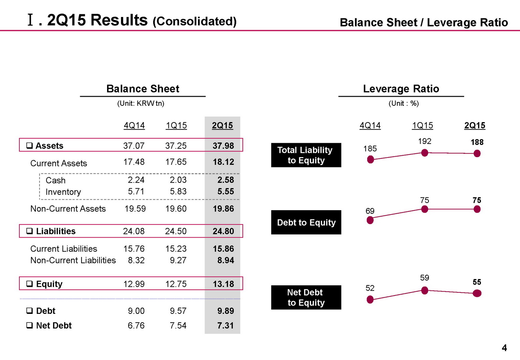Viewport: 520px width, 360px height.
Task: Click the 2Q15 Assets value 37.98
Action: [223, 146]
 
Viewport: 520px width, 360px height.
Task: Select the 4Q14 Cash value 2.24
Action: [136, 180]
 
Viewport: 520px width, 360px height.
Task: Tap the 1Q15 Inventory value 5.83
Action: [178, 191]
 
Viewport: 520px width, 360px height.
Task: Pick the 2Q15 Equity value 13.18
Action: [223, 284]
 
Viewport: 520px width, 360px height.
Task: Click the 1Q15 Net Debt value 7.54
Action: [178, 326]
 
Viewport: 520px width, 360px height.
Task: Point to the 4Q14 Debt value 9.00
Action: [136, 311]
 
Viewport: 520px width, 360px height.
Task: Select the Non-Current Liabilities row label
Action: [73, 260]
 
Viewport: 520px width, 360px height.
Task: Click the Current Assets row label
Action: [59, 163]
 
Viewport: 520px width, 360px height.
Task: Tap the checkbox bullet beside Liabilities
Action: [30, 231]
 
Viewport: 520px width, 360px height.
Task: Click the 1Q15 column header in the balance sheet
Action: [176, 126]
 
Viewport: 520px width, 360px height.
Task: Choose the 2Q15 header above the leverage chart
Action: [475, 126]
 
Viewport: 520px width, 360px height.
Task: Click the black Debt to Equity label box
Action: [306, 222]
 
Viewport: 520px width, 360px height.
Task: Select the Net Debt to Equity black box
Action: [306, 298]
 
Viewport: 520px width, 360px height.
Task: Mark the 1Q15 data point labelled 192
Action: [424, 153]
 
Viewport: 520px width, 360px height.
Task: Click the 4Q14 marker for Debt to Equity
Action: [370, 220]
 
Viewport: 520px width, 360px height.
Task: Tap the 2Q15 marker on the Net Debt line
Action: [477, 293]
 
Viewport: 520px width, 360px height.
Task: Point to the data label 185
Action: [370, 149]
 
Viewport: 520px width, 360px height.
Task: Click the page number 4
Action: [504, 348]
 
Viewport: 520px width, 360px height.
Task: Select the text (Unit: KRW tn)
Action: [141, 103]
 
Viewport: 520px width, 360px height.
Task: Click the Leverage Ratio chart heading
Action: [401, 89]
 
